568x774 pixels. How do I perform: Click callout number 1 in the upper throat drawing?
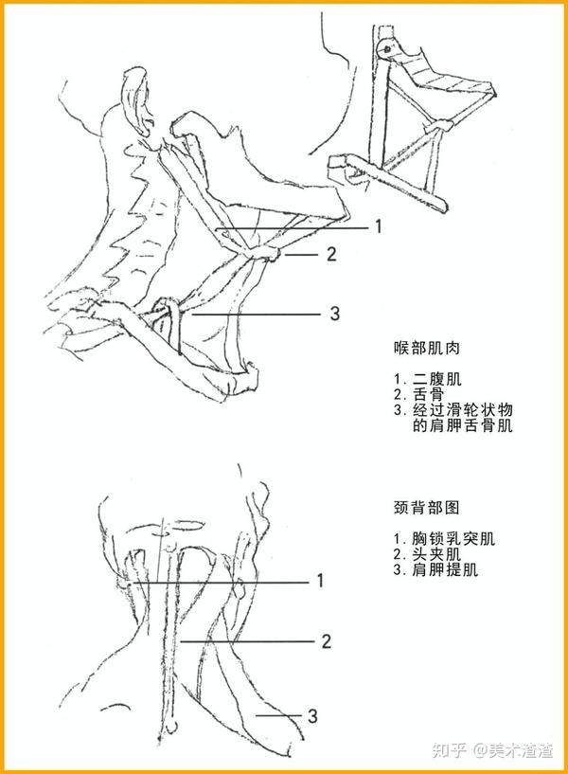click(377, 226)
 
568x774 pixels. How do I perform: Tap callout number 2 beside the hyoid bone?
click(331, 254)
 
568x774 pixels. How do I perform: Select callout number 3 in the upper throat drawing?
click(333, 313)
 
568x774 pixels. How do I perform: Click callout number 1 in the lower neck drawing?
click(321, 580)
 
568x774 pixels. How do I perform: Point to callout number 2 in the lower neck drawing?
click(326, 641)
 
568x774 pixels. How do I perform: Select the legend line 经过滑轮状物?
click(453, 411)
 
